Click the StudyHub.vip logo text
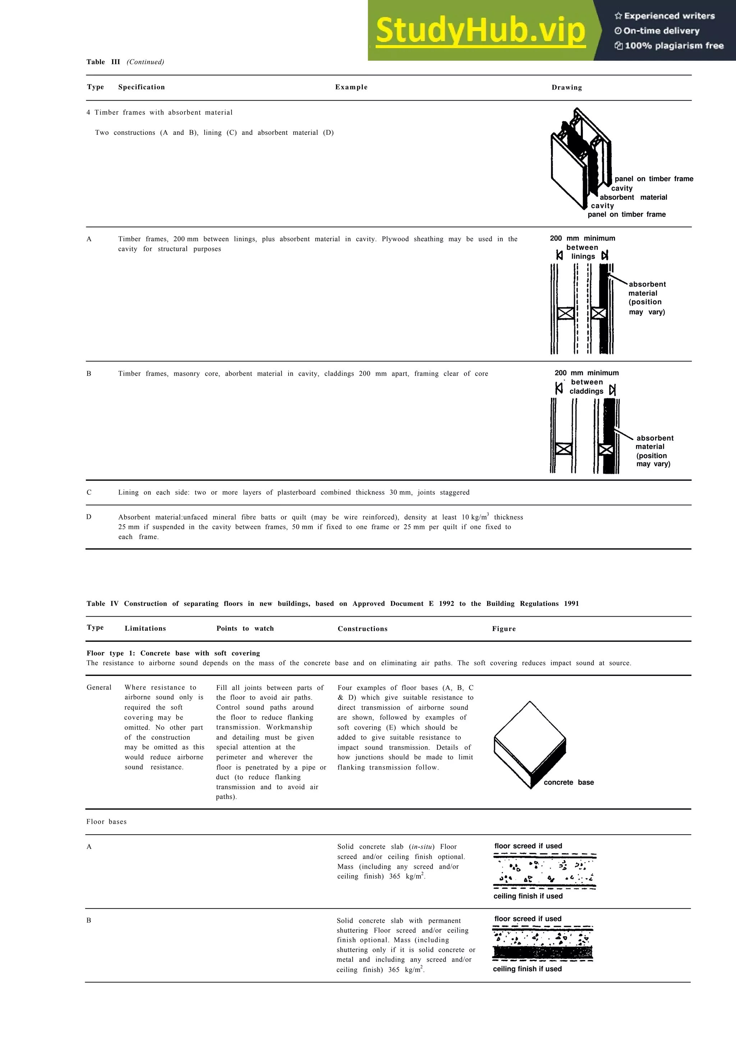tap(481, 31)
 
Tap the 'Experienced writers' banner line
tap(665, 16)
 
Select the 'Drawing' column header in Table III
tap(566, 88)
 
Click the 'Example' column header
tap(351, 87)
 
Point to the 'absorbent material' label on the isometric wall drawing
tap(633, 197)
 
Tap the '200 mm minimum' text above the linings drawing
tap(582, 238)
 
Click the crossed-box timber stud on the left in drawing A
tap(566, 313)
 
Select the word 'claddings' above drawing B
tap(586, 391)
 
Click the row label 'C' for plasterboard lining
tap(89, 492)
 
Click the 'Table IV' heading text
tap(102, 604)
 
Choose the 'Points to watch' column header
tap(245, 629)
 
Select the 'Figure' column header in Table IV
tap(504, 629)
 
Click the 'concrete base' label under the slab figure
tap(569, 782)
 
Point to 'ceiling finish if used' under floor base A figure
tap(528, 896)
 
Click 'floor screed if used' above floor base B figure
tap(528, 919)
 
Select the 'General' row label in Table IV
tap(99, 687)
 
